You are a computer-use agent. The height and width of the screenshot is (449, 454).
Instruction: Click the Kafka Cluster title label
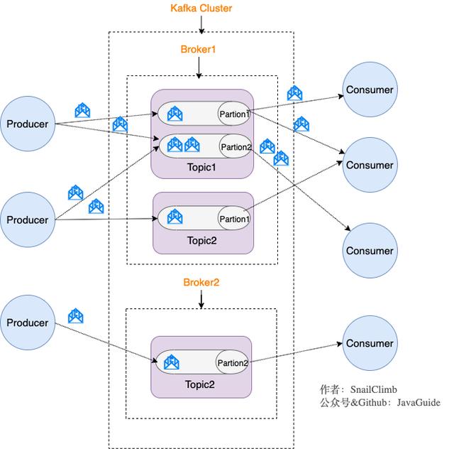coord(201,8)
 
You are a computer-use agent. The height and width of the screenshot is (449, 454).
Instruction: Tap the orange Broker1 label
coord(198,49)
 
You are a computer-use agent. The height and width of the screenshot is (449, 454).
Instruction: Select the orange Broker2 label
coord(201,282)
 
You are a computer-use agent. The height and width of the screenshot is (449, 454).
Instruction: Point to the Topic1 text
coord(201,168)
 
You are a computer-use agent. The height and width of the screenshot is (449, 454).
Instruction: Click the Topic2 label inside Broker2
coord(200,384)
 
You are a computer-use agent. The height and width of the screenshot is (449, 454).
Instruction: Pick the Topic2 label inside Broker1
coord(201,240)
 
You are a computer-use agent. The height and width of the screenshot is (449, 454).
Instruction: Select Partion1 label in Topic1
coord(235,114)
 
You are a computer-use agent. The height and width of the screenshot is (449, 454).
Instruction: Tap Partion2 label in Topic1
coord(236,147)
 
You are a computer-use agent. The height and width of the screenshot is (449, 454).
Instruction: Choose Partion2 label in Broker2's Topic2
coord(233,363)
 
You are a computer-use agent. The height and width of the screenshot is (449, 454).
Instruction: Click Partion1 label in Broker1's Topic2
coord(235,219)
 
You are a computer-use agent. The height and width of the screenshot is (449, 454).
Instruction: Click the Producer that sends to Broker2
coord(28,323)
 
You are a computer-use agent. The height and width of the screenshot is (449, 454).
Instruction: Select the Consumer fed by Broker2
coord(370,343)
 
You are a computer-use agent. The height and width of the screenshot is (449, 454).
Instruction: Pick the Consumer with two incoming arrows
coord(370,165)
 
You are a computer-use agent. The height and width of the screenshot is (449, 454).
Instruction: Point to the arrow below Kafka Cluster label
coord(201,25)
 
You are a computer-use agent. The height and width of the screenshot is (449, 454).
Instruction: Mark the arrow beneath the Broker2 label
coord(201,299)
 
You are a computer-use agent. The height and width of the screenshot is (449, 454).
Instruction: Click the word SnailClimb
coord(374,389)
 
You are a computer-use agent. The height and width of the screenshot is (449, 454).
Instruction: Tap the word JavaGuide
coord(419,403)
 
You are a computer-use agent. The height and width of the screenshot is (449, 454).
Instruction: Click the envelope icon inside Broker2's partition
coord(172,362)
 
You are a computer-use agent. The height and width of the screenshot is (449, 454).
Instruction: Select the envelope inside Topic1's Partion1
coord(175,114)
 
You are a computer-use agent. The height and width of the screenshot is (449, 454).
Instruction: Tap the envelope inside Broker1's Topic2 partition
coord(175,217)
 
